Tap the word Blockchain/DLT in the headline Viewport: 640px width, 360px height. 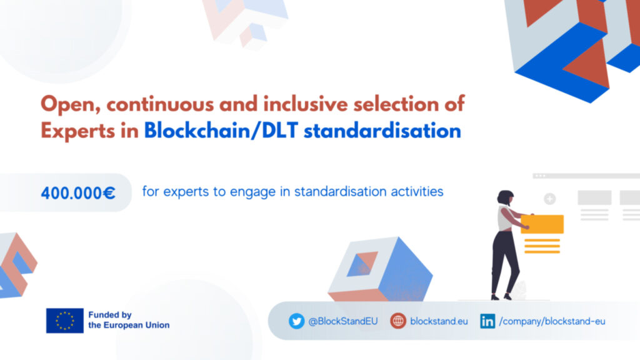tap(221, 131)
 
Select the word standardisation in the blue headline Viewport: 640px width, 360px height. tap(382, 131)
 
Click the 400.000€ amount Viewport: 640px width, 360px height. tap(78, 193)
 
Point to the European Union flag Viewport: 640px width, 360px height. tap(65, 321)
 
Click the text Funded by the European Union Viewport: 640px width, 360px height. tap(129, 320)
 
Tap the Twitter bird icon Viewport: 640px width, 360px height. tap(297, 321)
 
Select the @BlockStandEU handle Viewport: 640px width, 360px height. tap(343, 321)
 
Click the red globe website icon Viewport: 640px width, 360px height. tap(398, 321)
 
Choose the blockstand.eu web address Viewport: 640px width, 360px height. tap(439, 321)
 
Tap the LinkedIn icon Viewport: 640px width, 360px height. tap(487, 321)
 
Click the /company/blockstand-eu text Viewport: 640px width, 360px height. tap(552, 321)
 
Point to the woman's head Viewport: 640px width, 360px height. tap(505, 197)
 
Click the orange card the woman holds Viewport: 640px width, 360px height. tap(542, 224)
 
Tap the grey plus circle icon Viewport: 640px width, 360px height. tap(550, 199)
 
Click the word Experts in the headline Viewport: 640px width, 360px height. tap(77, 131)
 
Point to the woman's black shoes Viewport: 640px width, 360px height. tap(501, 297)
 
